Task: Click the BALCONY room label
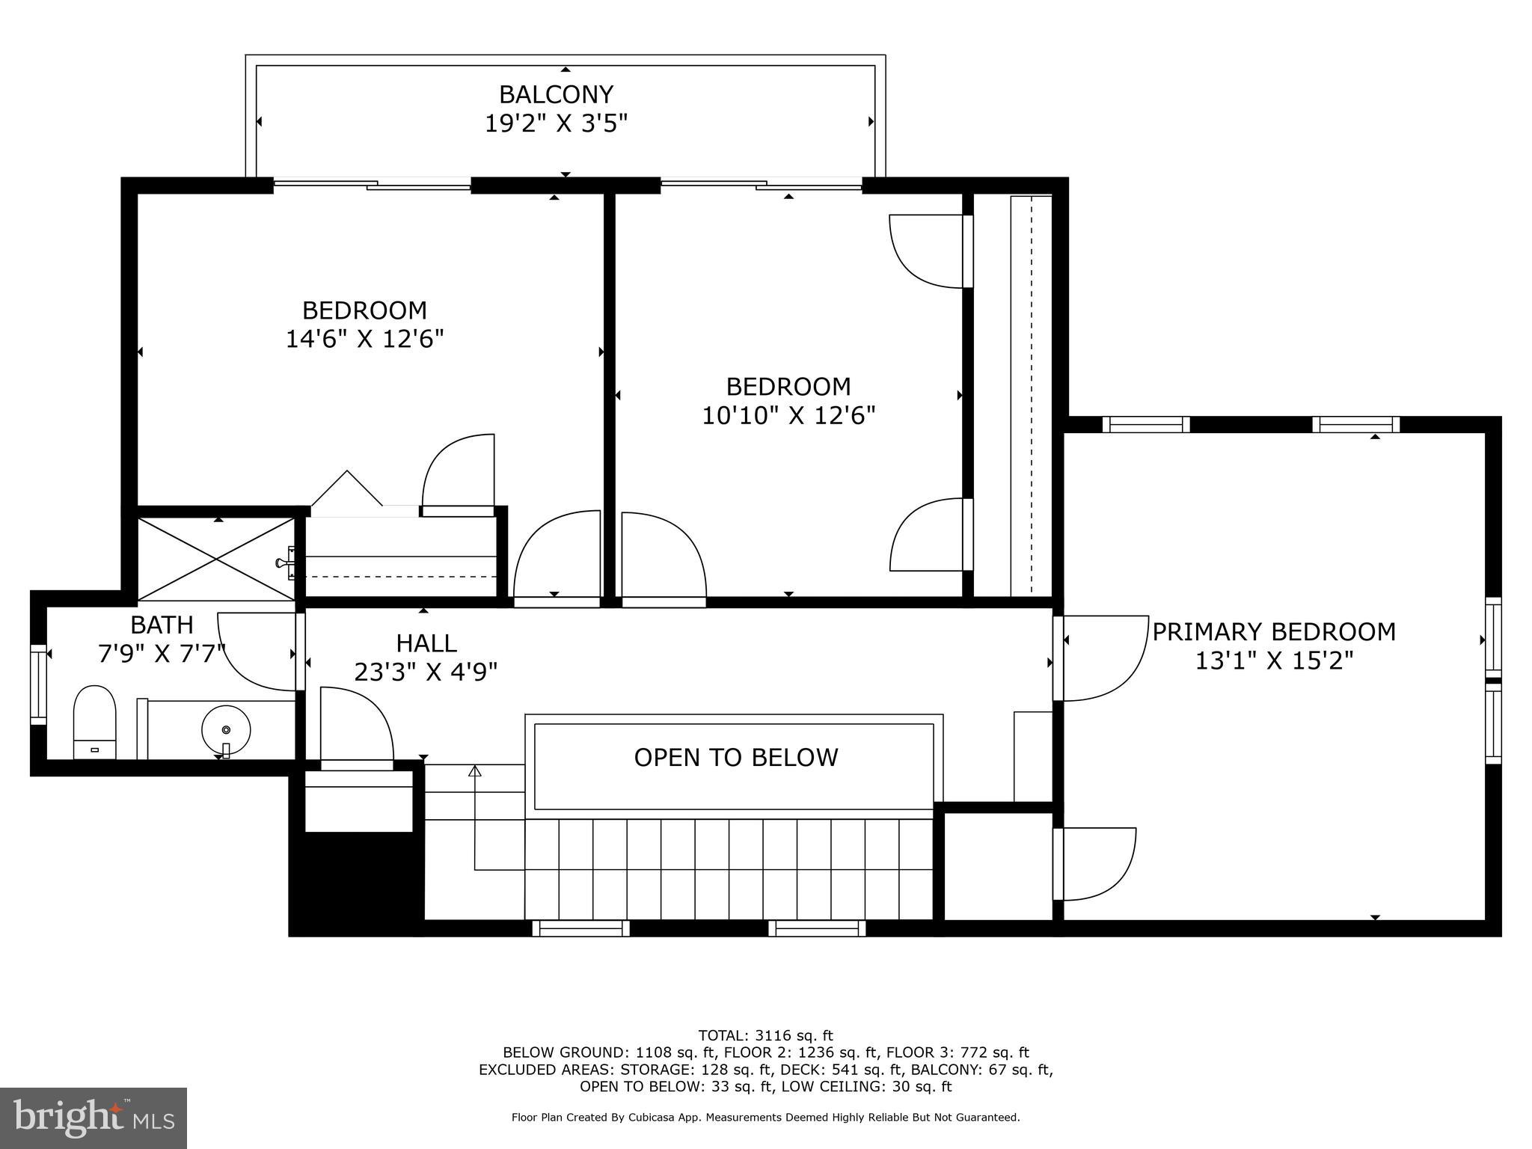pos(556,94)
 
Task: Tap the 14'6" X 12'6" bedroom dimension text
pos(364,339)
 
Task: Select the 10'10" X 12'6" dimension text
pos(788,415)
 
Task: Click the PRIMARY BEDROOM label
pos(1273,632)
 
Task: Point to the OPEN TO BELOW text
pos(735,758)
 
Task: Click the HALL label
pos(426,643)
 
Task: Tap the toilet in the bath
pos(94,722)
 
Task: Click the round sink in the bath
pos(226,729)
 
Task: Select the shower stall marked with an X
pos(216,559)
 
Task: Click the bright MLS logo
pos(93,1118)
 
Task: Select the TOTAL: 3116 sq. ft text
pos(765,1035)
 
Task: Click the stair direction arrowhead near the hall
pos(474,770)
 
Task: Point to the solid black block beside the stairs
pos(355,883)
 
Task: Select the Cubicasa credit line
pos(765,1118)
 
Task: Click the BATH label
pos(162,625)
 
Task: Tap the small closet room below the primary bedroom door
pos(997,865)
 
